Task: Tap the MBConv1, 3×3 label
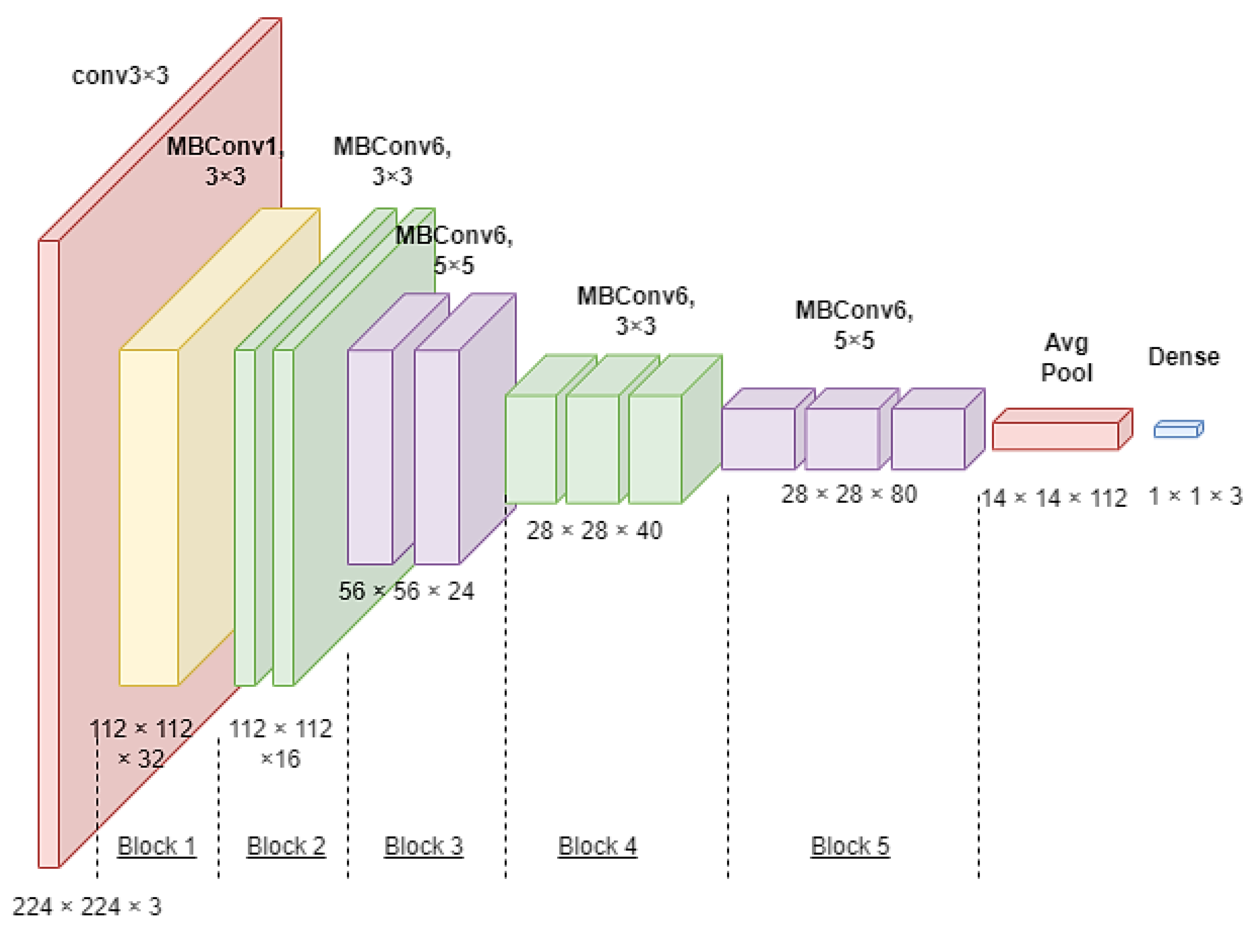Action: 226,161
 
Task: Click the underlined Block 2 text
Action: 286,846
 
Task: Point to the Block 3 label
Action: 423,846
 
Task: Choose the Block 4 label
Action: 597,846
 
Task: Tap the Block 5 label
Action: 850,846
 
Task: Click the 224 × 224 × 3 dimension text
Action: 87,907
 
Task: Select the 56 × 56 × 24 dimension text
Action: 406,591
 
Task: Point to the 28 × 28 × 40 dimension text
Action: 594,530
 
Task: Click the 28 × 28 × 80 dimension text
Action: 849,494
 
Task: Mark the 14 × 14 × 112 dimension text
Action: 1053,498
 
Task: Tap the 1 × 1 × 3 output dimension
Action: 1195,497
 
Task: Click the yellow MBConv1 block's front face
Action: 149,517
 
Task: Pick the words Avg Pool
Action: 1066,358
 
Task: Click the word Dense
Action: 1184,356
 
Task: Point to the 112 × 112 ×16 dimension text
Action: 280,743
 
